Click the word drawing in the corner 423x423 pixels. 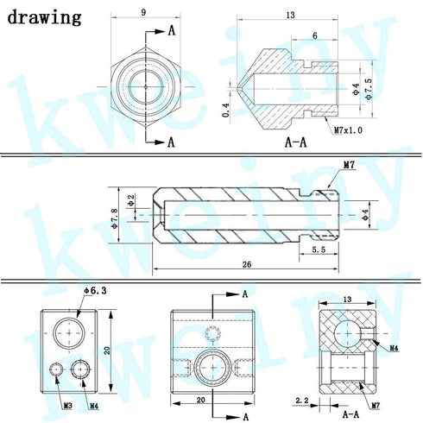pyautogui.click(x=44, y=17)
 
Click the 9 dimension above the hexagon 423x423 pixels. pyautogui.click(x=144, y=12)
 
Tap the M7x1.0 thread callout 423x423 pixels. pyautogui.click(x=348, y=130)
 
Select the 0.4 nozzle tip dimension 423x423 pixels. pyautogui.click(x=226, y=110)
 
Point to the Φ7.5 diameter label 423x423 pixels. pyautogui.click(x=368, y=90)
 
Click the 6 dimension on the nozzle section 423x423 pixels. pyautogui.click(x=315, y=35)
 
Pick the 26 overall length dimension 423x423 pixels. pyautogui.click(x=247, y=264)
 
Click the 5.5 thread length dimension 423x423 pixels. pyautogui.click(x=319, y=249)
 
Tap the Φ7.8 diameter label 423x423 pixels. pyautogui.click(x=114, y=218)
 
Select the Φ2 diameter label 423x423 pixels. pyautogui.click(x=131, y=200)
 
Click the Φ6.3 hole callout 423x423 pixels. pyautogui.click(x=95, y=291)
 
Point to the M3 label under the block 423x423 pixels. pyautogui.click(x=67, y=406)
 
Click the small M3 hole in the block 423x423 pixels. pyautogui.click(x=56, y=369)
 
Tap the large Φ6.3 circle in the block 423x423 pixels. pyautogui.click(x=69, y=319)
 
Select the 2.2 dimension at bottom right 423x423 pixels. pyautogui.click(x=302, y=401)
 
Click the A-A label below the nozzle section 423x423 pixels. pyautogui.click(x=295, y=142)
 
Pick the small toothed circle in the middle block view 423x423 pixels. pyautogui.click(x=212, y=333)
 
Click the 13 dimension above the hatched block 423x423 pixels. pyautogui.click(x=347, y=300)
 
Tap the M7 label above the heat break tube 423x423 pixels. pyautogui.click(x=349, y=165)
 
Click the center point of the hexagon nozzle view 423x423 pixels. pyautogui.click(x=146, y=86)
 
